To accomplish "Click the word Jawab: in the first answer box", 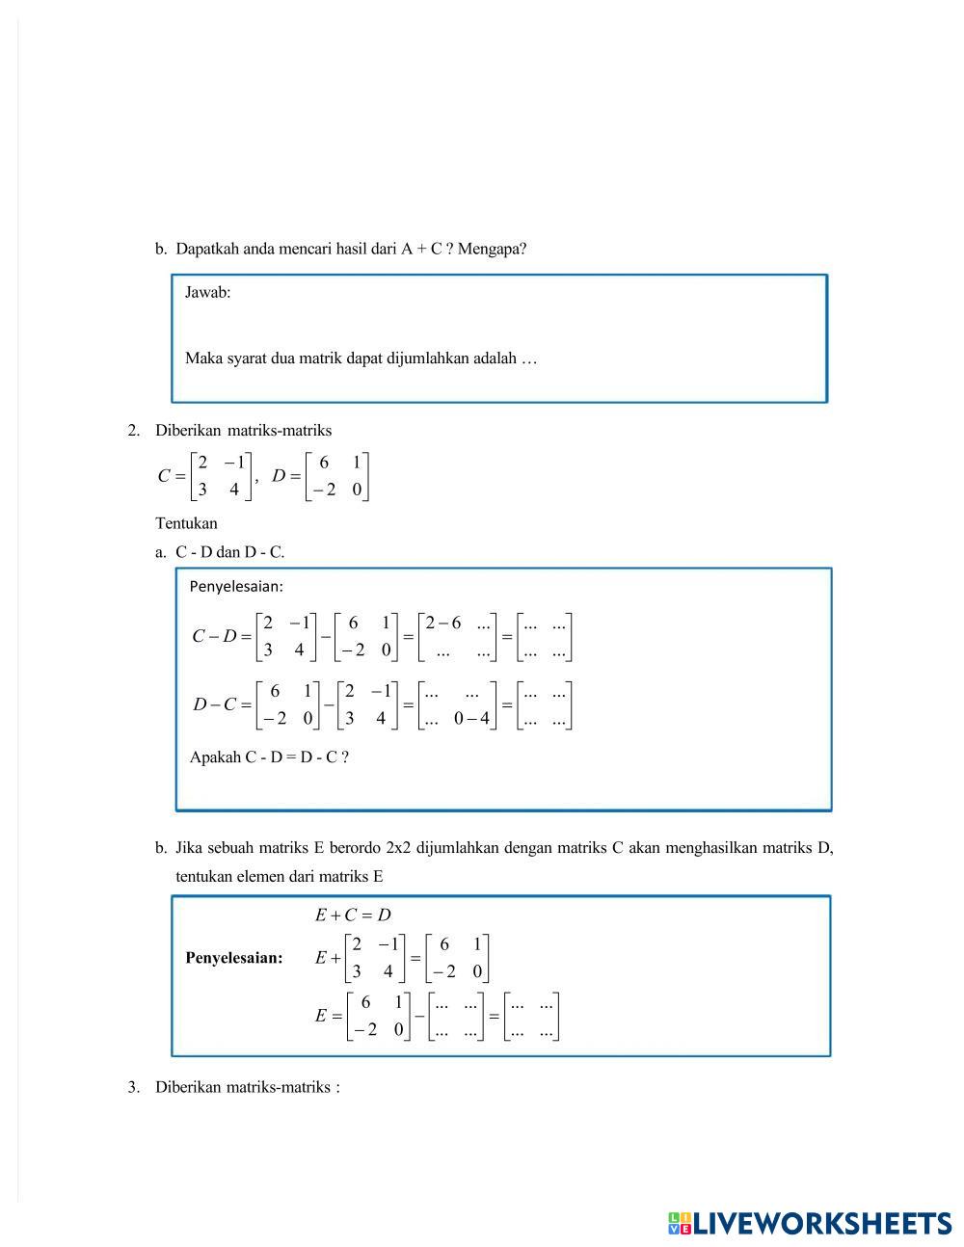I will pos(207,293).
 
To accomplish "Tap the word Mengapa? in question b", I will pos(492,249).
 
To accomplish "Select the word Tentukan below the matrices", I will pos(186,524).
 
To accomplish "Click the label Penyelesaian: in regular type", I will pos(236,587).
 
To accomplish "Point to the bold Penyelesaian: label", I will pos(234,958).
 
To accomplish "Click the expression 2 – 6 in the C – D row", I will pos(443,623).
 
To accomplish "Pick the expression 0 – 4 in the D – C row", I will pos(471,718).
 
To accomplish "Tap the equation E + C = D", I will pos(352,915).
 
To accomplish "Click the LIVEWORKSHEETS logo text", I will pos(822,1224).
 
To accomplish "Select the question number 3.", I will pos(133,1088).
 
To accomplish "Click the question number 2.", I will pos(133,431).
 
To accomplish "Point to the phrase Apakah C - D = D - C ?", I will pos(269,757).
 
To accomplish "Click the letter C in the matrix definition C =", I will pos(164,476).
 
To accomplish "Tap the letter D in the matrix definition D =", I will pos(280,476).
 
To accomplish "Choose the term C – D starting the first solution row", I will pos(214,636).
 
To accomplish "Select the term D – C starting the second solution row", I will pos(214,704).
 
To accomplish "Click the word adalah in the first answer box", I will pos(495,358).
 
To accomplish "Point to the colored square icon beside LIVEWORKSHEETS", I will pos(679,1224).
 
